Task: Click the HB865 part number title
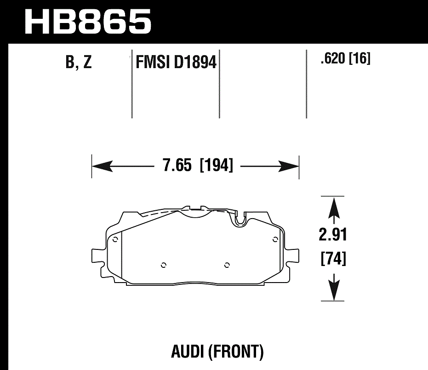87,21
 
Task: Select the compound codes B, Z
79,62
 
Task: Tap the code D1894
195,62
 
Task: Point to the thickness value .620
332,59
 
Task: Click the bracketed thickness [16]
360,59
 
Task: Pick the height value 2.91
332,235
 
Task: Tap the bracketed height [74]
332,259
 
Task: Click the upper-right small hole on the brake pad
275,238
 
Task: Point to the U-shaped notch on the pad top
240,220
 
